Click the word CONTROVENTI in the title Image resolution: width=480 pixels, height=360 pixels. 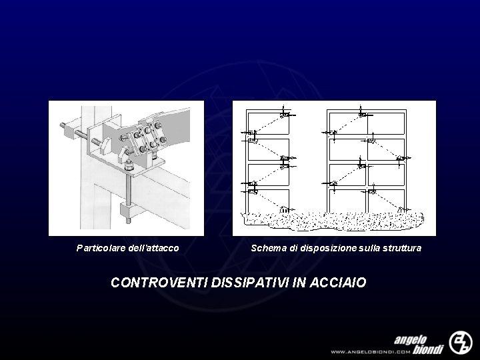159,282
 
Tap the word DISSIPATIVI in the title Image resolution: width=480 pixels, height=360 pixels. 250,282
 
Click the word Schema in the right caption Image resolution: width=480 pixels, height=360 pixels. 269,247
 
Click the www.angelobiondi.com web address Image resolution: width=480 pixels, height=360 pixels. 370,352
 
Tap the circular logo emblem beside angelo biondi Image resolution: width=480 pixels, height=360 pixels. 461,342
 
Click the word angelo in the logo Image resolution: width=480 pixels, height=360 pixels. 410,340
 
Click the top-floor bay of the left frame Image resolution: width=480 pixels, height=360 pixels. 269,123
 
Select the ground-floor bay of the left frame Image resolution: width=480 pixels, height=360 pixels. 269,201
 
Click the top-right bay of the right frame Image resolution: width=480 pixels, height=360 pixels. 386,123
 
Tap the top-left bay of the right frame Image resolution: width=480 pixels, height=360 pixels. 347,123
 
